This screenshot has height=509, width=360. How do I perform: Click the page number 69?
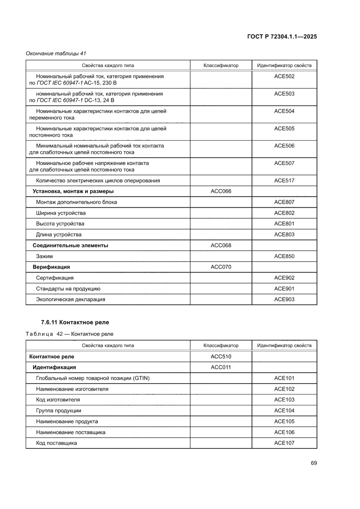pyautogui.click(x=313, y=462)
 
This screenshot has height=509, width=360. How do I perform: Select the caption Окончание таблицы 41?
pyautogui.click(x=56, y=54)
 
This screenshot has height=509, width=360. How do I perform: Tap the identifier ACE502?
pyautogui.click(x=284, y=76)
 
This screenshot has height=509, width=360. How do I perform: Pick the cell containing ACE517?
pyautogui.click(x=284, y=181)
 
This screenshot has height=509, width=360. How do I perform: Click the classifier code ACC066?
pyautogui.click(x=221, y=191)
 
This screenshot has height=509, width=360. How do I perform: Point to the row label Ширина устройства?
pyautogui.click(x=61, y=213)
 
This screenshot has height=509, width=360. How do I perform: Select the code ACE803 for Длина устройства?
pyautogui.click(x=284, y=235)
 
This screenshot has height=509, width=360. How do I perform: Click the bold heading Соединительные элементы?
pyautogui.click(x=71, y=246)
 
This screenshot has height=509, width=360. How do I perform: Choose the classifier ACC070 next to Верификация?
pyautogui.click(x=221, y=267)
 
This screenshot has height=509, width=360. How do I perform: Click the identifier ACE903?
pyautogui.click(x=284, y=300)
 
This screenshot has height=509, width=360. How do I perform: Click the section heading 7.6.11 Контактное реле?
pyautogui.click(x=74, y=323)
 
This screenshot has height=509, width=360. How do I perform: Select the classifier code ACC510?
pyautogui.click(x=221, y=357)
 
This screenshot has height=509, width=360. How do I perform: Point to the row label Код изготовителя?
pyautogui.click(x=58, y=400)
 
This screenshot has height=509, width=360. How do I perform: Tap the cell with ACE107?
pyautogui.click(x=284, y=443)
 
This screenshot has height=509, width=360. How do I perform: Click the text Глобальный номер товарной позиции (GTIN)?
pyautogui.click(x=93, y=378)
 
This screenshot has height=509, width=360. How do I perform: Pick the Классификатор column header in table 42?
pyautogui.click(x=221, y=346)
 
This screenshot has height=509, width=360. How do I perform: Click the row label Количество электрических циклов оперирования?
pyautogui.click(x=98, y=181)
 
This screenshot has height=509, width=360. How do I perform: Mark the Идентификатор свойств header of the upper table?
pyautogui.click(x=284, y=66)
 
